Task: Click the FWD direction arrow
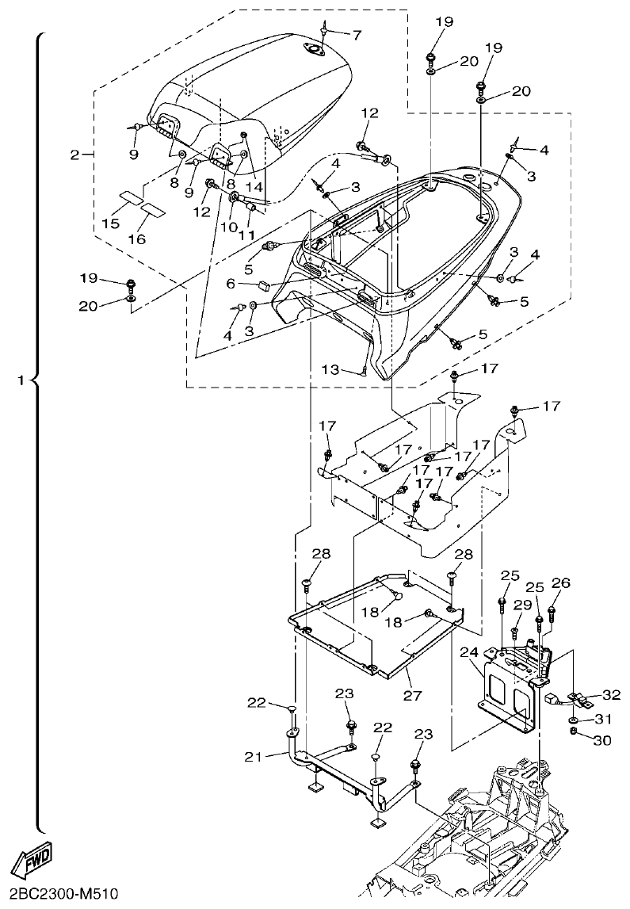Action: coord(31,858)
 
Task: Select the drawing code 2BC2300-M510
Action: coord(59,894)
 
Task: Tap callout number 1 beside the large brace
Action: coord(21,381)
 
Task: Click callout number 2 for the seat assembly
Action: coord(74,155)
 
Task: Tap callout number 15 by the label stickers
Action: coord(111,224)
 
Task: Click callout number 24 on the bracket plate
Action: coord(469,651)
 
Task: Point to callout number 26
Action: coord(560,583)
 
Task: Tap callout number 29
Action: coord(518,604)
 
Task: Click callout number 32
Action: coord(610,695)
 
